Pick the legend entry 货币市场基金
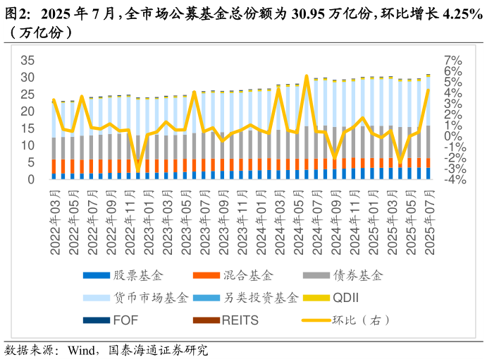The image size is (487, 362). coord(150,298)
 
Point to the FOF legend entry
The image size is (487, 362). coord(125,320)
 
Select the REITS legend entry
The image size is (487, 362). coord(240,320)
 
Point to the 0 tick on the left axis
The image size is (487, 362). coord(30,179)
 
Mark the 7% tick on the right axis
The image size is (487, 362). coord(452,59)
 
